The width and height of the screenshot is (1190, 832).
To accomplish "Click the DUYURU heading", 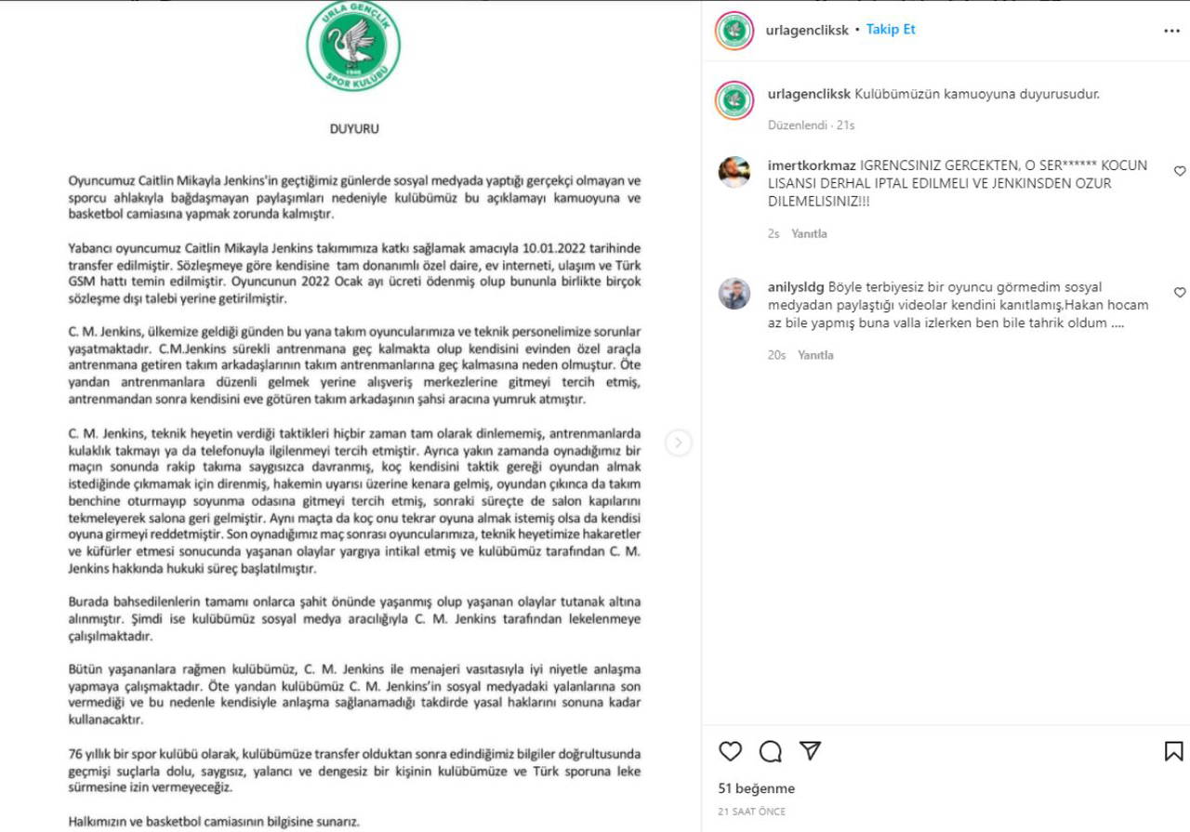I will pyautogui.click(x=354, y=129).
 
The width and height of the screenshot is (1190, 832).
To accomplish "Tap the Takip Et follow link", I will pyautogui.click(x=891, y=30).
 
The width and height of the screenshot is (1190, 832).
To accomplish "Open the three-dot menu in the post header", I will pyautogui.click(x=1171, y=31).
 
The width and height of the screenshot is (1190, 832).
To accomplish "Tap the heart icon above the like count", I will pyautogui.click(x=731, y=751).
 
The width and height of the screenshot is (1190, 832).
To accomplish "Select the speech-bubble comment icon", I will pyautogui.click(x=771, y=751).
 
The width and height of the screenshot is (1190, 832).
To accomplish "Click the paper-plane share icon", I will pyautogui.click(x=811, y=751).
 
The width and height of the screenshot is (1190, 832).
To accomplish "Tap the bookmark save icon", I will pyautogui.click(x=1173, y=751).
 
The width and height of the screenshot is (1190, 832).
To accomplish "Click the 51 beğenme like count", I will pyautogui.click(x=756, y=788).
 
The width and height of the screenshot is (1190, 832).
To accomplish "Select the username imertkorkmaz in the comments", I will pyautogui.click(x=812, y=165).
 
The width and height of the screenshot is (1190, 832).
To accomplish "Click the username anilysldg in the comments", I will pyautogui.click(x=796, y=287).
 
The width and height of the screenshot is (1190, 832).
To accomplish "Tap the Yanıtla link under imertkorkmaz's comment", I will pyautogui.click(x=809, y=234).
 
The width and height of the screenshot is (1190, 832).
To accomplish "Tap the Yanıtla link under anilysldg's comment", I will pyautogui.click(x=815, y=355).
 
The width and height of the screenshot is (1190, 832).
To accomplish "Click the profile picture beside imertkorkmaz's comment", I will pyautogui.click(x=734, y=172).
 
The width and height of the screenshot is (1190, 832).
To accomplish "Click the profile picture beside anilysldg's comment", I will pyautogui.click(x=734, y=294).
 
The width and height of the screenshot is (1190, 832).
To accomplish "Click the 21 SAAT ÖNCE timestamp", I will pyautogui.click(x=751, y=812).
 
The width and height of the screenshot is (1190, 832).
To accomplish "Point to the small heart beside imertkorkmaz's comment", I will pyautogui.click(x=1180, y=171).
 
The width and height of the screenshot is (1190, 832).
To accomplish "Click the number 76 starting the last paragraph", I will pyautogui.click(x=76, y=753).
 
